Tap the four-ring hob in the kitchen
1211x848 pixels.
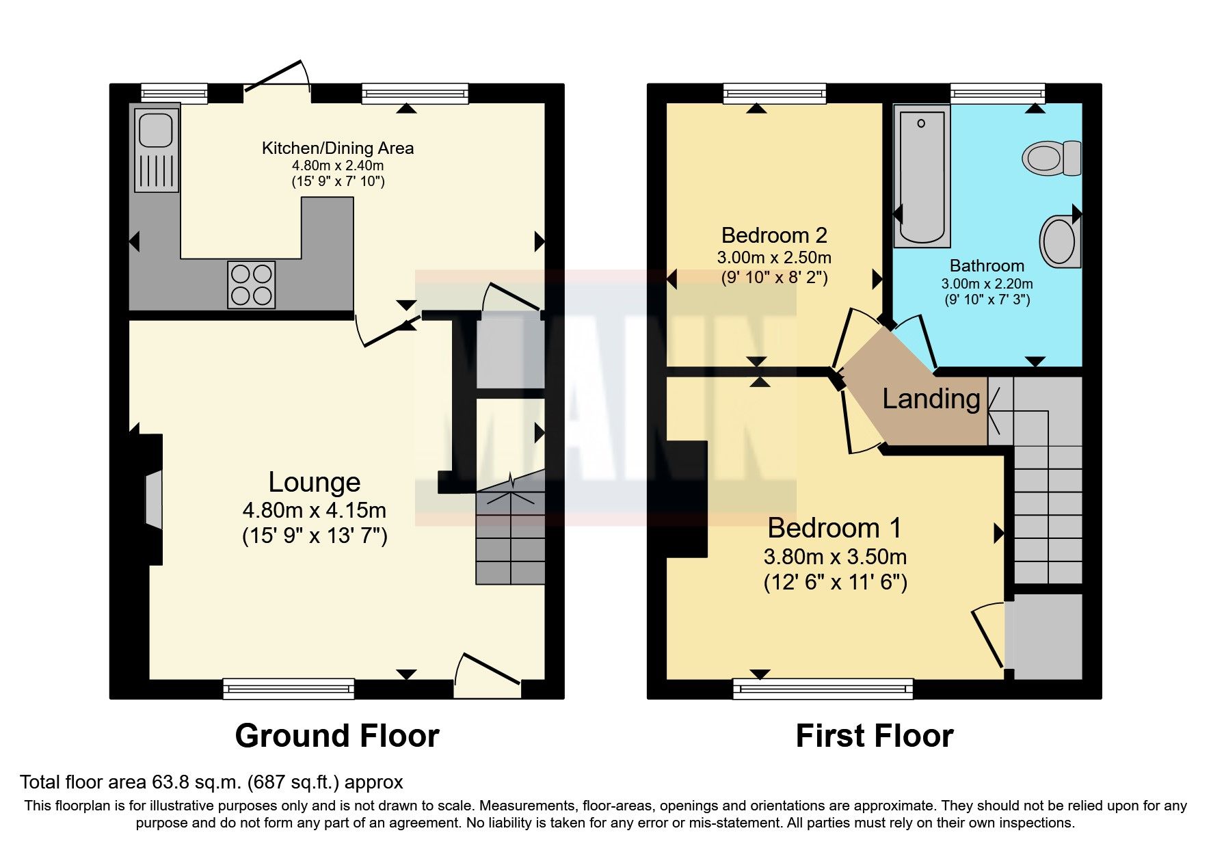click(252, 284)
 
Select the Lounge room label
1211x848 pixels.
click(314, 483)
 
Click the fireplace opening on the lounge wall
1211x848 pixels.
click(154, 500)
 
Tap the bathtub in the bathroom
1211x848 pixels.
click(922, 176)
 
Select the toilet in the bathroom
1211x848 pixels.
click(1052, 158)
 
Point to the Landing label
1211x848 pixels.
click(931, 399)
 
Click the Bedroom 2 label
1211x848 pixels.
click(774, 236)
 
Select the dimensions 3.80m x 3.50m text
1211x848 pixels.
click(835, 557)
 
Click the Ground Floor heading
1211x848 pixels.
click(336, 737)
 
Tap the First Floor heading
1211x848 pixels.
click(874, 737)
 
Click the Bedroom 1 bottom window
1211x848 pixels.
click(823, 689)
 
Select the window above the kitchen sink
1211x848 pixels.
click(174, 92)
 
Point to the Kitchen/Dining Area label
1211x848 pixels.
click(337, 148)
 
